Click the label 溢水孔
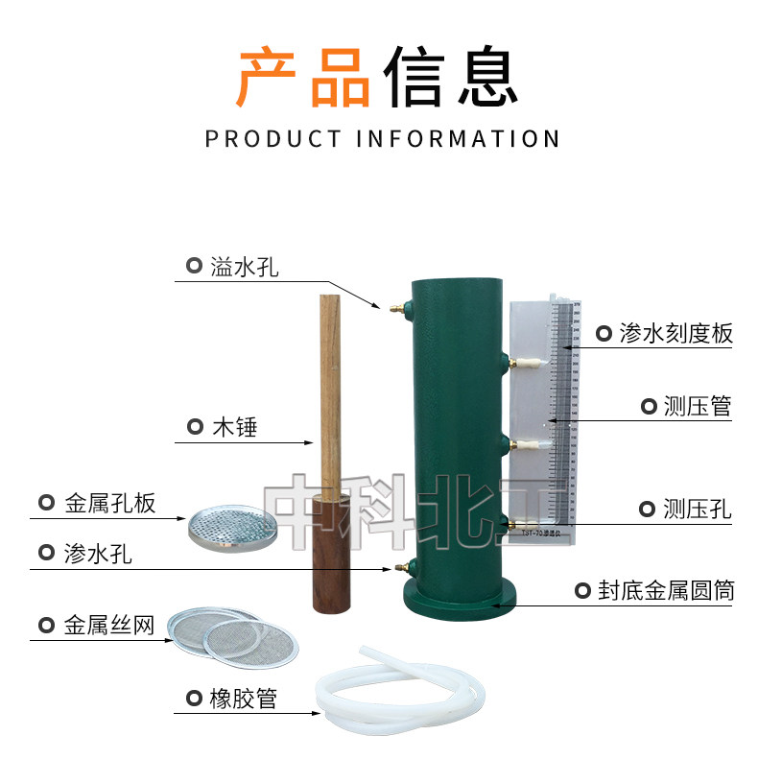tap(244, 267)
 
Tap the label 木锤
tap(234, 427)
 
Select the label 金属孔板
tap(109, 503)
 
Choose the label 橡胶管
tap(243, 699)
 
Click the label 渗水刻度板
tap(675, 334)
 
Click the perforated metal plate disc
tap(233, 525)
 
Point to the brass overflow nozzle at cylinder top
tap(395, 308)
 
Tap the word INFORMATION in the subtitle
tap(458, 139)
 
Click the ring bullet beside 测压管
tap(649, 407)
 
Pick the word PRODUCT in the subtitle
tap(272, 139)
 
